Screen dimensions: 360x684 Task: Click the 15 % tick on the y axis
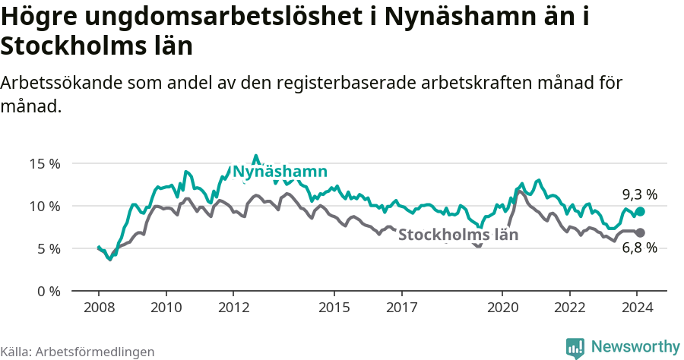point(45,163)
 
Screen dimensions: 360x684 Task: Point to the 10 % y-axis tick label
point(45,206)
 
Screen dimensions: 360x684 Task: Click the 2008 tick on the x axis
point(99,308)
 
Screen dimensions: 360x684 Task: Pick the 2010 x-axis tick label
point(166,308)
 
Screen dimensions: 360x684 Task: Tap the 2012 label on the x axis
point(234,308)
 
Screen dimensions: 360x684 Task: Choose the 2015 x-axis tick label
point(334,308)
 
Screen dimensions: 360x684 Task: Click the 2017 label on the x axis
point(402,308)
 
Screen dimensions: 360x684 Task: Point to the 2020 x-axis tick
point(502,308)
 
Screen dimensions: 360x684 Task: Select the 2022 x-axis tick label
point(570,308)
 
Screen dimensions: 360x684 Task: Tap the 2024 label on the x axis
point(638,308)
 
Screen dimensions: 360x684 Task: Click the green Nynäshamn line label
point(280,172)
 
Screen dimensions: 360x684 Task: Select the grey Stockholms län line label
point(458,235)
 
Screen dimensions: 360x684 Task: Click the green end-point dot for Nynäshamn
point(640,212)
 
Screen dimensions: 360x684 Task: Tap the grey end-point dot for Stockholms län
point(640,232)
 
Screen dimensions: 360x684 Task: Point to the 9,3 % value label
point(639,194)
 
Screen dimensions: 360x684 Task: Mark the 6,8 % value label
point(639,248)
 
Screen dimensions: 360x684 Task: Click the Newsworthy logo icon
point(575,347)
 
